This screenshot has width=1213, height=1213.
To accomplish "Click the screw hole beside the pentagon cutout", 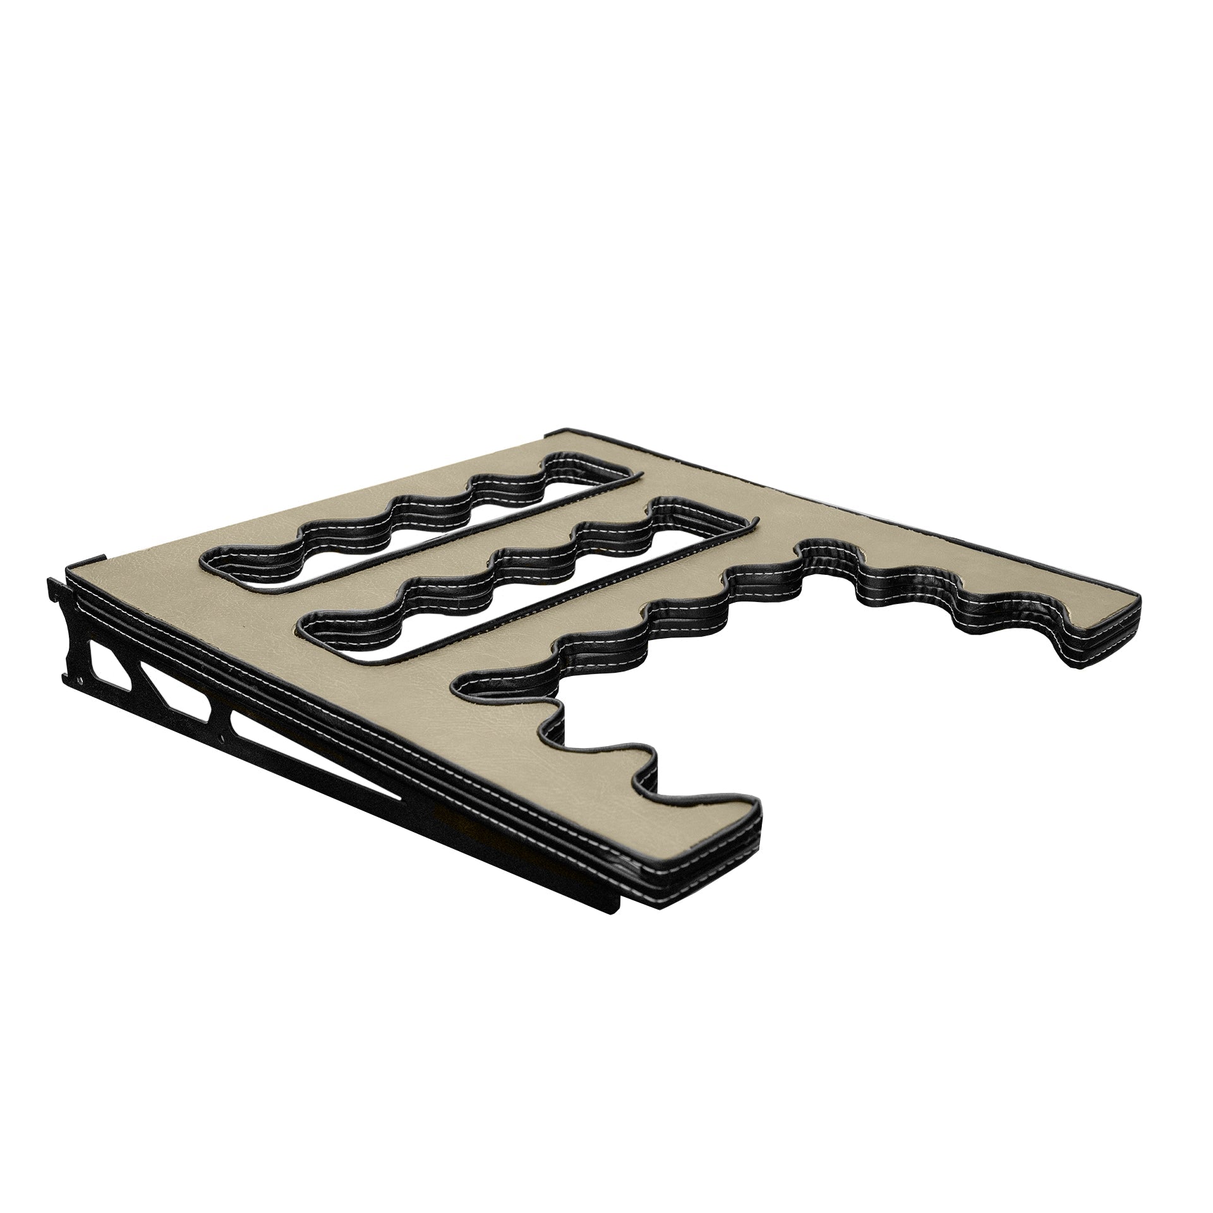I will (81, 680).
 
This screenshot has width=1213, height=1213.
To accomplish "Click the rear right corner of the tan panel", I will (556, 436).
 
